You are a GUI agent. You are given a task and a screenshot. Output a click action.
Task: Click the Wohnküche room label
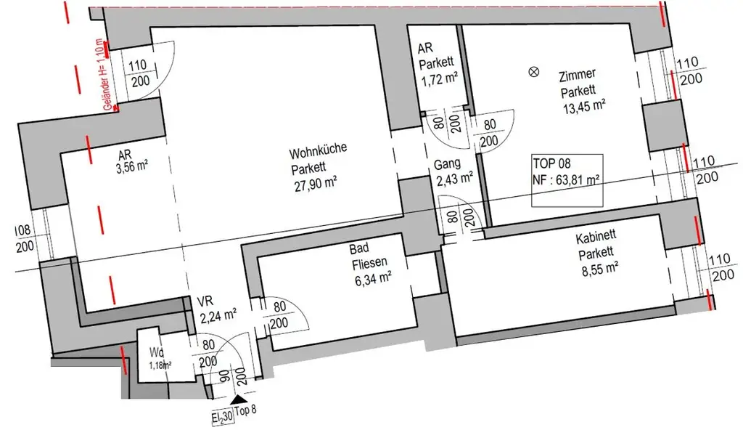(318, 153)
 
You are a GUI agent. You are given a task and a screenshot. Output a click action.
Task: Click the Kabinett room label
(597, 239)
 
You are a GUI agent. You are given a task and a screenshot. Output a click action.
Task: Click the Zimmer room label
(578, 75)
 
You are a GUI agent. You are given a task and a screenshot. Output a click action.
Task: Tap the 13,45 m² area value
(584, 105)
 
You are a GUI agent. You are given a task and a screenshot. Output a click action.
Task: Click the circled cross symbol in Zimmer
(535, 71)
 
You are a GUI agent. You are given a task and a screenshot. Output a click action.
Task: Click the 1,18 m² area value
(160, 365)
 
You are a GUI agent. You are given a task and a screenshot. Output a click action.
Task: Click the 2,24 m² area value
(218, 315)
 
